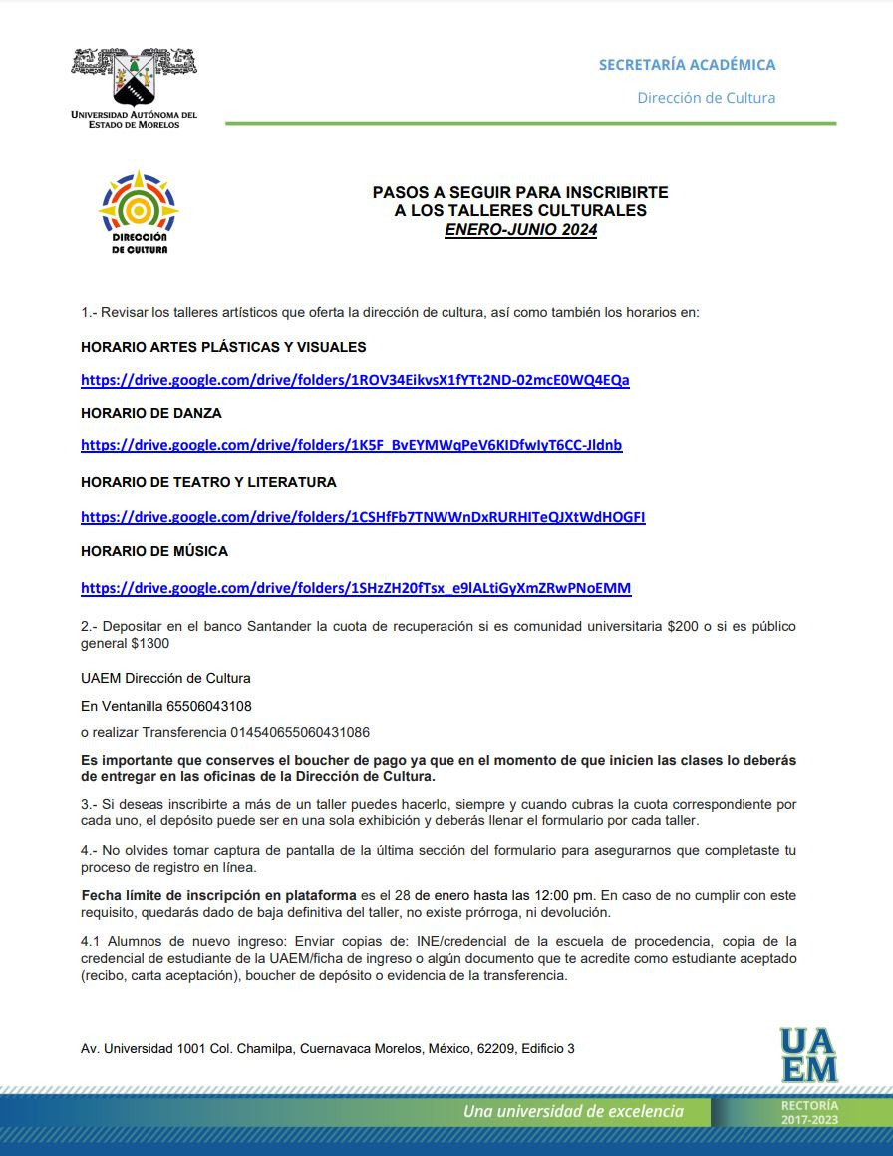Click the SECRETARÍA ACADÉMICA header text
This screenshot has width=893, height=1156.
tap(687, 65)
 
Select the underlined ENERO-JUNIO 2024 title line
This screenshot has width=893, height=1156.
tap(520, 230)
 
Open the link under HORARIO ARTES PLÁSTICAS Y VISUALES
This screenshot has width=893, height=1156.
tap(355, 380)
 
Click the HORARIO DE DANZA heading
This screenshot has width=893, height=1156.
tap(151, 413)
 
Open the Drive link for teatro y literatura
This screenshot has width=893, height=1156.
tap(363, 517)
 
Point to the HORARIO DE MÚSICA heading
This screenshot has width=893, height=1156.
tap(154, 551)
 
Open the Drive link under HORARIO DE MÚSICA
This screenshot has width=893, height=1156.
tap(356, 588)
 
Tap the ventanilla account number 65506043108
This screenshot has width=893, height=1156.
tap(209, 706)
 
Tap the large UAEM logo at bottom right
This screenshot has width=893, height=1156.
tap(808, 1054)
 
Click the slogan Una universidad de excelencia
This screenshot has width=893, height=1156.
tap(573, 1111)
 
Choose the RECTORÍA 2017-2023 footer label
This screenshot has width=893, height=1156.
tap(809, 1112)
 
